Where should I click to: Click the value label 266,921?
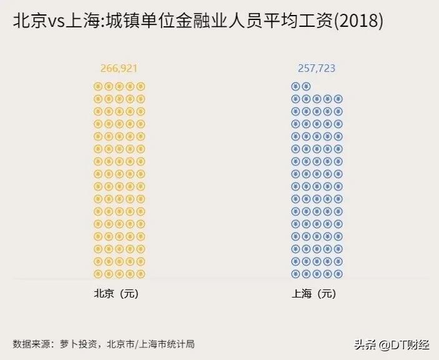click(x=119, y=68)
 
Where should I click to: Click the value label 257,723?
click(x=317, y=68)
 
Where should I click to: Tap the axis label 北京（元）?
click(x=116, y=294)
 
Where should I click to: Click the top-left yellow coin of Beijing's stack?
click(x=97, y=87)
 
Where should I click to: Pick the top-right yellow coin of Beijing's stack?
click(x=141, y=87)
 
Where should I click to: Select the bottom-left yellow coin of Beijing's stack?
click(x=97, y=274)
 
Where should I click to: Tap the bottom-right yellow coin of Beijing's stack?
click(x=141, y=274)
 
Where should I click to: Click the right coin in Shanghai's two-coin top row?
click(x=306, y=87)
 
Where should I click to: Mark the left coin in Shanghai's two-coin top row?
click(x=295, y=87)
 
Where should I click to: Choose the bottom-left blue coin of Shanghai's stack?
click(x=295, y=274)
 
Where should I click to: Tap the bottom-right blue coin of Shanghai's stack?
click(x=338, y=274)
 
